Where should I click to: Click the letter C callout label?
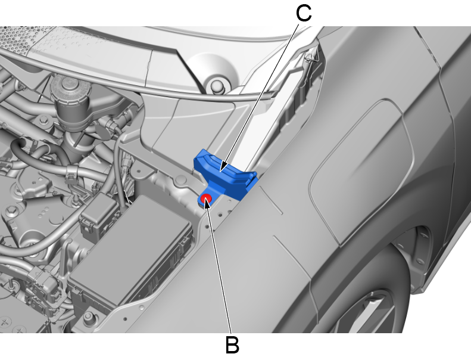(x=304, y=14)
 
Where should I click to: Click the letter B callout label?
(x=232, y=345)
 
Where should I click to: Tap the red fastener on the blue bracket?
(x=206, y=198)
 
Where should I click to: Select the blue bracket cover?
(x=225, y=175)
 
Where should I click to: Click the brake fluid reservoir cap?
(x=71, y=86)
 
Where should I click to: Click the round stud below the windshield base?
(x=217, y=86)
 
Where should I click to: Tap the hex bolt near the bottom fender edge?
(x=88, y=316)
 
